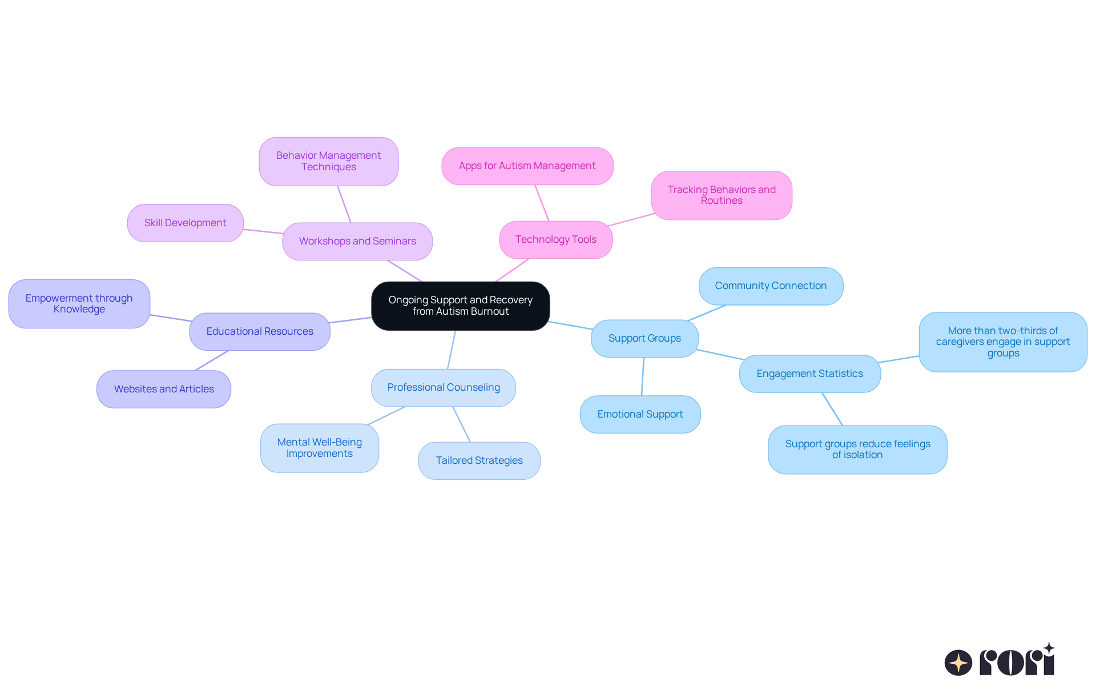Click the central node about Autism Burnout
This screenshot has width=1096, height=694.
(460, 306)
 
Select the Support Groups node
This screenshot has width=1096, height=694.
(644, 338)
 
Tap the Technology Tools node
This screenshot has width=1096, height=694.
(555, 239)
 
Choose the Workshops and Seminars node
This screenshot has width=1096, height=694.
(357, 241)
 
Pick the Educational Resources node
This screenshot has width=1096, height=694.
(260, 331)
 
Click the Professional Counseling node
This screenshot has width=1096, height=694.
(444, 387)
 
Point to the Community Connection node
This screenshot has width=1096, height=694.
(771, 286)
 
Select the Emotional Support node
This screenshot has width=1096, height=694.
(640, 414)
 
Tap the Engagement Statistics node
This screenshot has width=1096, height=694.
(809, 374)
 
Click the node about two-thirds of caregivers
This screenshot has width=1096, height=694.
(1003, 342)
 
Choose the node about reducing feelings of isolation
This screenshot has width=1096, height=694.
(857, 449)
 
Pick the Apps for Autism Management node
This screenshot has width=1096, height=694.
(527, 166)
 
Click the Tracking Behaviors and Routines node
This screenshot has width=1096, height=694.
(722, 195)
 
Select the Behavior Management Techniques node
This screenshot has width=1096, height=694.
(328, 161)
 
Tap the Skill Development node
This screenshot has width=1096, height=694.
(185, 223)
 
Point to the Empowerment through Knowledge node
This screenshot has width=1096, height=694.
(79, 303)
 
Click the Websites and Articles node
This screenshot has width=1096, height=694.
(164, 389)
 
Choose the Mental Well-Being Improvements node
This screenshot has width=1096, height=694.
(319, 448)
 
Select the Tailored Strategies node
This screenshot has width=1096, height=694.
(479, 460)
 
